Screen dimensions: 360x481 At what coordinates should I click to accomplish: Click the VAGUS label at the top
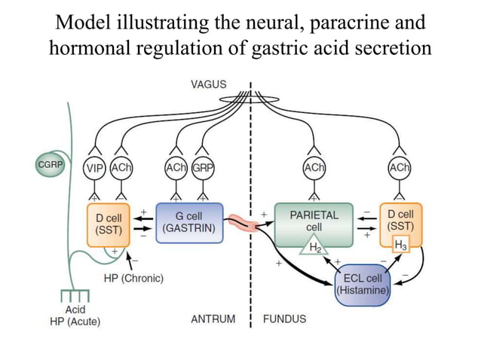tap(208, 84)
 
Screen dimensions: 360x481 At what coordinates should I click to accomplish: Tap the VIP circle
tap(94, 169)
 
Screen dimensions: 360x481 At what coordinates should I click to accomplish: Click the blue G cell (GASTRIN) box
tap(190, 221)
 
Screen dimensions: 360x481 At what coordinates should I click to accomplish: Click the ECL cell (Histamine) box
tap(362, 284)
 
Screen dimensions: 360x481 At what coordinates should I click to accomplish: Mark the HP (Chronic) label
tap(133, 278)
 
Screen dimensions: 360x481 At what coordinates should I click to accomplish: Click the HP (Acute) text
tap(72, 322)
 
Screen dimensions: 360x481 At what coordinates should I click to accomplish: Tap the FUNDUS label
tap(284, 319)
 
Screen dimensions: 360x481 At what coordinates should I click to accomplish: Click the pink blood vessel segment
tap(242, 222)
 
